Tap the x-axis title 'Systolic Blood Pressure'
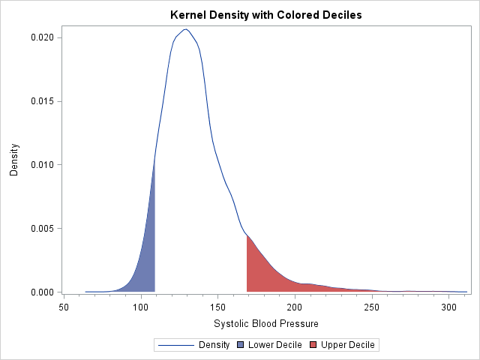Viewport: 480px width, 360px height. (x=266, y=324)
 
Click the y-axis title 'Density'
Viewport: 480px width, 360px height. (x=13, y=160)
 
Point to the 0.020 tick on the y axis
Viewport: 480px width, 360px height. (x=41, y=37)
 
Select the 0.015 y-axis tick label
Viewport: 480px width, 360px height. (x=41, y=101)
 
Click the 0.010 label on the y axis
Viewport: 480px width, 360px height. (x=41, y=165)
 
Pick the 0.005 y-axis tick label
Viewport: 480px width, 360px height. (x=41, y=229)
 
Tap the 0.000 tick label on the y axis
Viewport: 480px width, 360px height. (x=41, y=292)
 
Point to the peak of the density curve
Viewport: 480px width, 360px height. (x=185, y=29)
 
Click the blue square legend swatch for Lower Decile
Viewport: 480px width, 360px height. (x=241, y=345)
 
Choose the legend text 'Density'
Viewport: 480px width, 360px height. (x=214, y=345)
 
